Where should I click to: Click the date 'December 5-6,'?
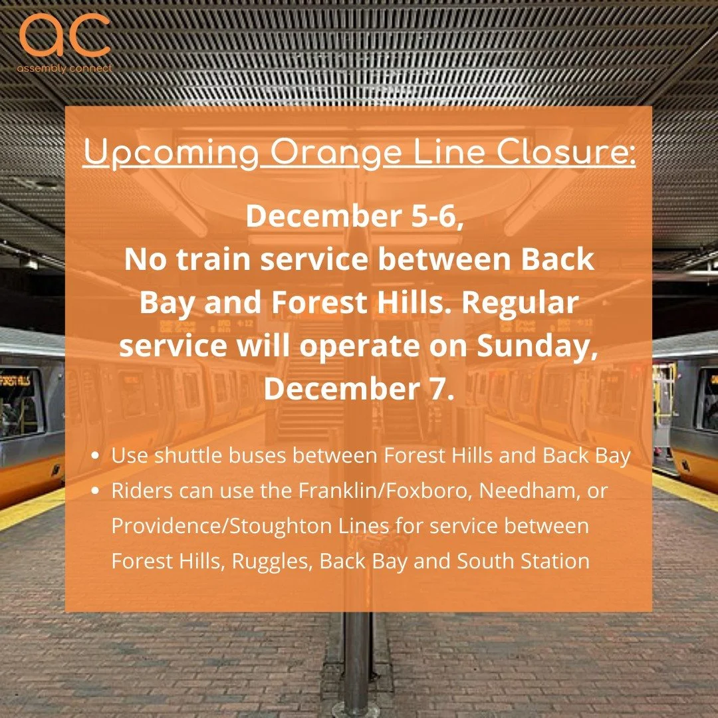355,217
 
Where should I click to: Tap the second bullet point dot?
97,492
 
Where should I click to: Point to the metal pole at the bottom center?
358,658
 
